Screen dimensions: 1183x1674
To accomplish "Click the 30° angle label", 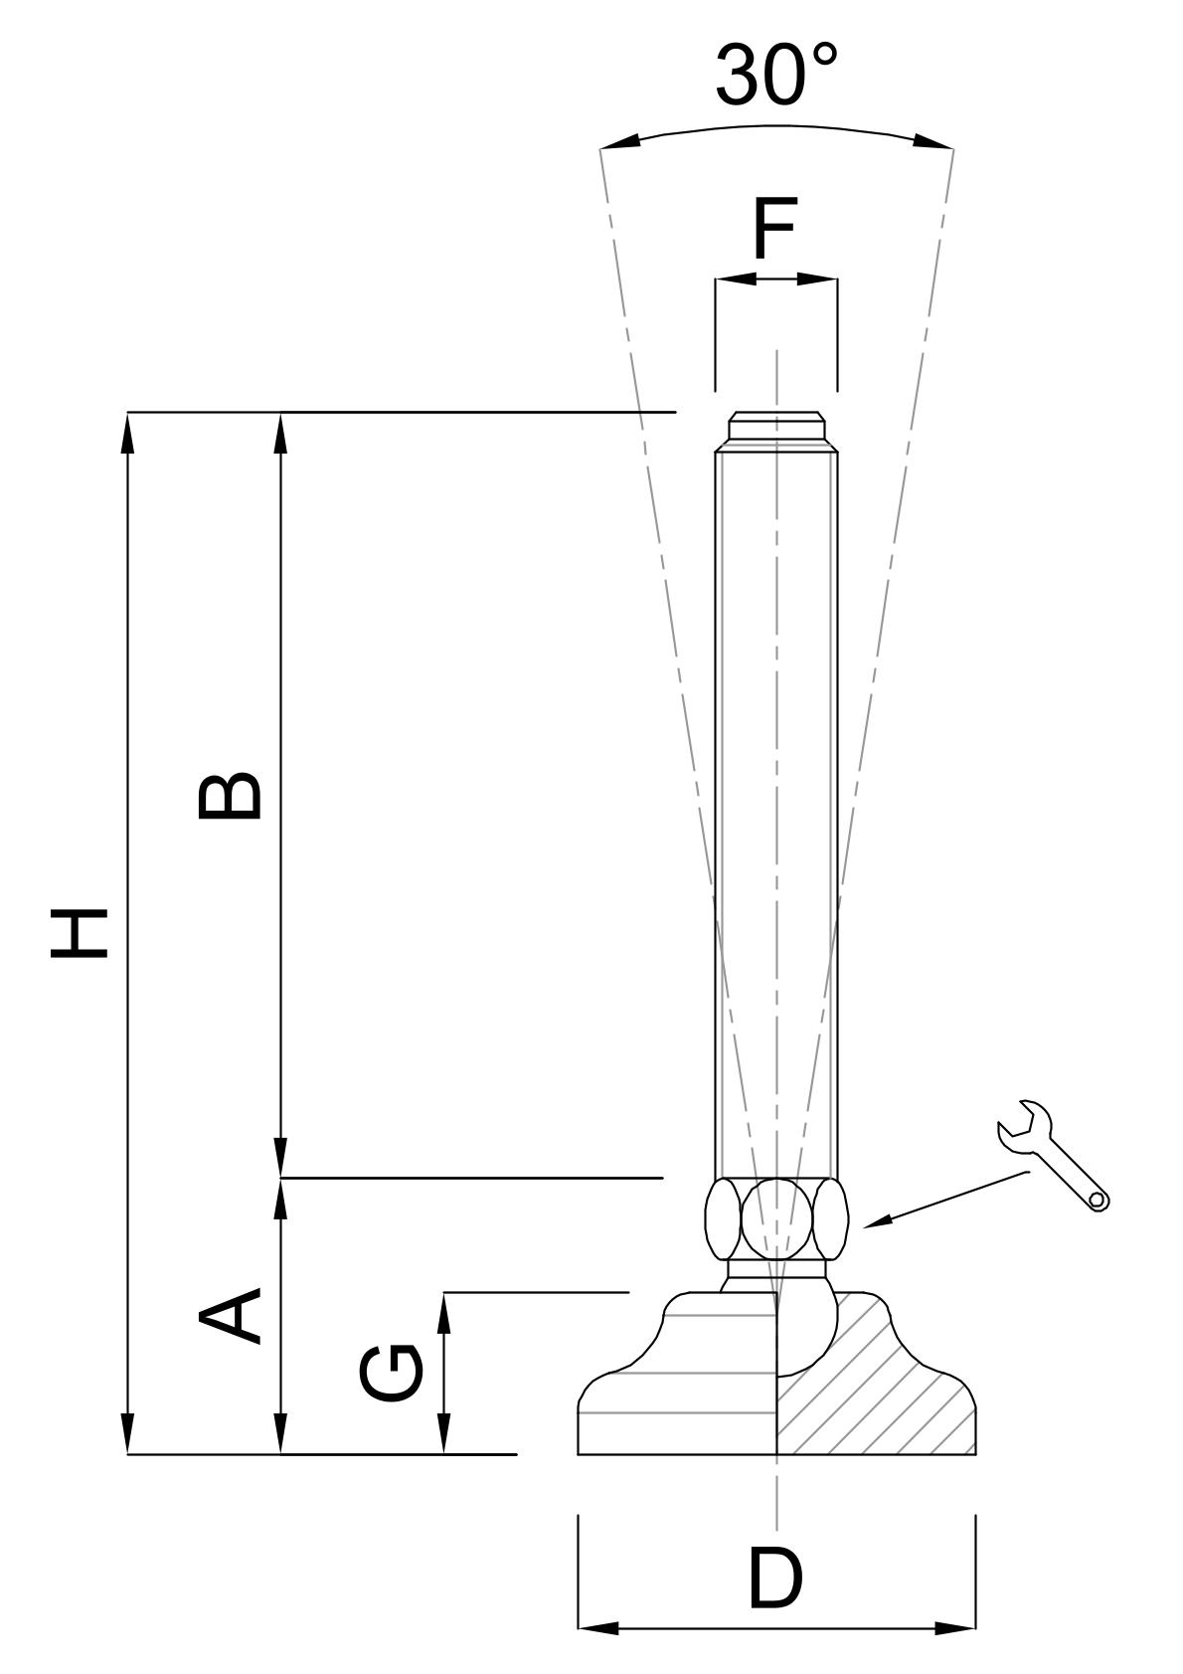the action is (776, 76).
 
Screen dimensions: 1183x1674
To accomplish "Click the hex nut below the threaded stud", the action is (776, 1218).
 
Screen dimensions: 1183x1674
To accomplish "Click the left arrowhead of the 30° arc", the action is (619, 142).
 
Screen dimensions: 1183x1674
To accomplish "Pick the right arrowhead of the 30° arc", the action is (934, 142).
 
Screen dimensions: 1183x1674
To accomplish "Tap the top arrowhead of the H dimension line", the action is (127, 434).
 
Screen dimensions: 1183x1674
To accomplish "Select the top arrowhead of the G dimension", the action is (443, 1313).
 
